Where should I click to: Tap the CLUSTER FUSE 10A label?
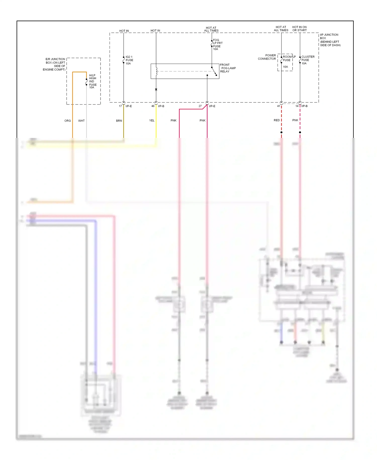point(308,60)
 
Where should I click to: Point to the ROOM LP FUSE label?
point(289,58)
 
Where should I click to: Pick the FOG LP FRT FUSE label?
point(217,45)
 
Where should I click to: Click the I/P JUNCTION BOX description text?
point(330,40)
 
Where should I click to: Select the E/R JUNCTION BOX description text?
point(54,64)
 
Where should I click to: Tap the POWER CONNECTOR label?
point(267,57)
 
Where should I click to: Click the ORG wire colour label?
point(67,121)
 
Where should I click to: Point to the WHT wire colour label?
point(81,121)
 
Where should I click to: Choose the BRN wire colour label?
point(119,121)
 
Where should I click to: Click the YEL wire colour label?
point(152,121)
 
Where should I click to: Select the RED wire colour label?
point(276,120)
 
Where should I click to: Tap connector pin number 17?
point(120,106)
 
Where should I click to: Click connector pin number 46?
point(153,106)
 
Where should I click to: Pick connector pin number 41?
point(278,106)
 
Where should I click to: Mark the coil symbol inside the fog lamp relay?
point(156,71)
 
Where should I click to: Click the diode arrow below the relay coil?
point(156,90)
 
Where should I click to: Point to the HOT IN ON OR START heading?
point(299,29)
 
